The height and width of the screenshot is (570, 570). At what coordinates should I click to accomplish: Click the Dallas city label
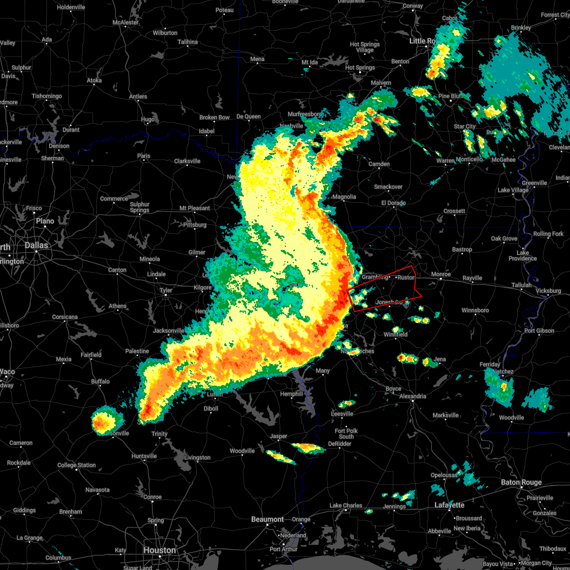37,245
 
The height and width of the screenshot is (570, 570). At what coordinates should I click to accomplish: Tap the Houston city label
160,550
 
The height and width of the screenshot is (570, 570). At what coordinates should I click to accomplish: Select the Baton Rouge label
521,482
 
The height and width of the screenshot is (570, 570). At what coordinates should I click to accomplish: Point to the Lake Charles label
346,505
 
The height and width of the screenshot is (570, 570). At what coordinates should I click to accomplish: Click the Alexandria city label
413,396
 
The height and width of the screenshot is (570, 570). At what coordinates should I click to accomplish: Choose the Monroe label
441,274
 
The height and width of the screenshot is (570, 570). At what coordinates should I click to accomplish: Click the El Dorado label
393,203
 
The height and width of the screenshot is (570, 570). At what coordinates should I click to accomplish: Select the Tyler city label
165,290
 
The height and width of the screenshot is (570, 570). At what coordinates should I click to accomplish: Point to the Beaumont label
267,519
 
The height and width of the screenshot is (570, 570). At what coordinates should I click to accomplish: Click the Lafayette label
450,505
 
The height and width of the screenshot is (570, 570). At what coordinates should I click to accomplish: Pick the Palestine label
137,351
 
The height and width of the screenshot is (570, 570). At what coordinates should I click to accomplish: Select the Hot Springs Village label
365,47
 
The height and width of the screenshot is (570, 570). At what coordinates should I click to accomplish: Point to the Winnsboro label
475,310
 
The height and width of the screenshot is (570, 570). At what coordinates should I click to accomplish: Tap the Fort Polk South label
346,434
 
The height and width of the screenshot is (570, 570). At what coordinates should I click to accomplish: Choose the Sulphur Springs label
140,207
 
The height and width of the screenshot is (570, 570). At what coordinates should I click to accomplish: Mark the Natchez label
503,371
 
